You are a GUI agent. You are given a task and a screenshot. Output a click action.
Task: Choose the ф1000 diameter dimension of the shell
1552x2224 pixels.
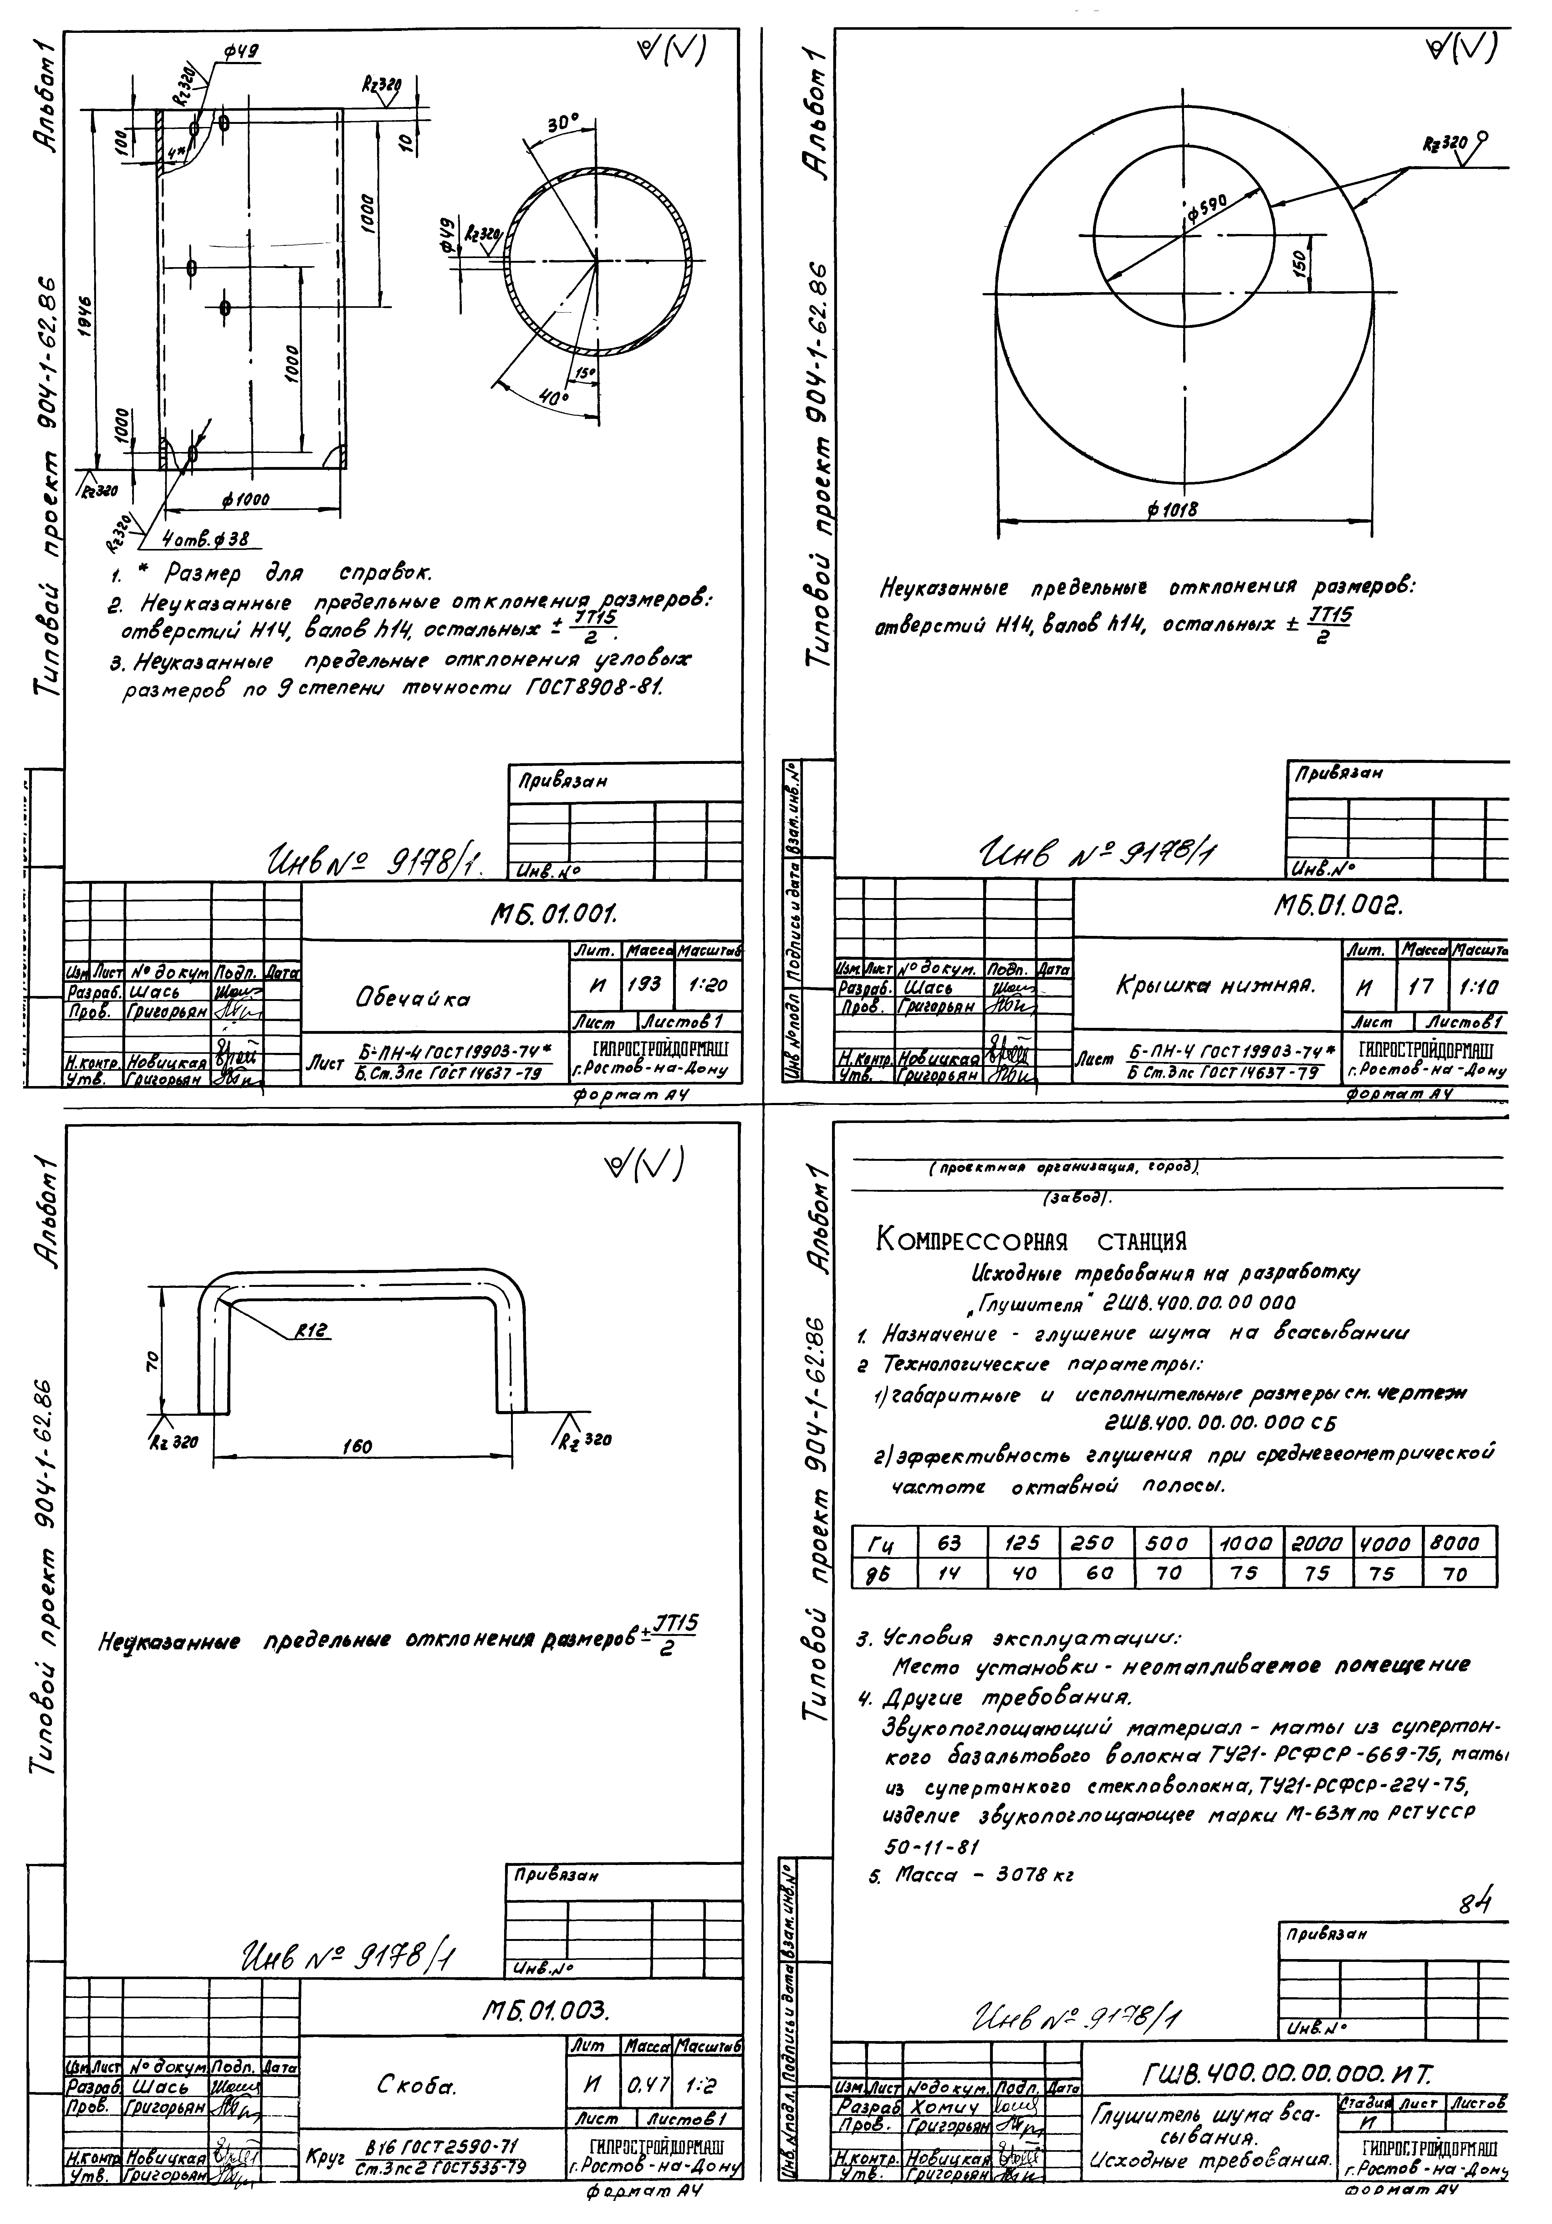click(x=245, y=500)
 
